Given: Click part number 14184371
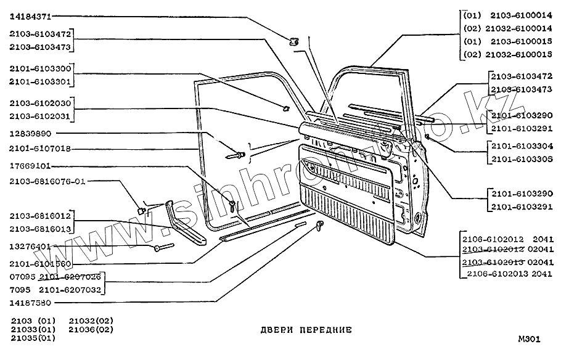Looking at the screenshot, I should pos(30,17).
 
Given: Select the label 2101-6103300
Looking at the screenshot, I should pos(41,69).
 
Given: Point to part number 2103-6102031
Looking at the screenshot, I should pos(41,115).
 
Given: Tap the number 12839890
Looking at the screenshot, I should pos(30,133).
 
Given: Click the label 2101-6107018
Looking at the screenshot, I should pos(41,149).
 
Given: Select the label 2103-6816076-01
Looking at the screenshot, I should pos(48,182).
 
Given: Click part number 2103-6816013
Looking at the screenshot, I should pos(41,229).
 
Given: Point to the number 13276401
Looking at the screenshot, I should pos(30,247).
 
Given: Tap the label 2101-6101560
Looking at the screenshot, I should pos(41,263).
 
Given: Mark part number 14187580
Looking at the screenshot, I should pos(30,303).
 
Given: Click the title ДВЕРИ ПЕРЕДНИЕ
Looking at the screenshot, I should pos(306,330).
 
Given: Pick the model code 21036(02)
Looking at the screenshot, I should pos(91,329).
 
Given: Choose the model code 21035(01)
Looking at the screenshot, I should pos(33,338).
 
